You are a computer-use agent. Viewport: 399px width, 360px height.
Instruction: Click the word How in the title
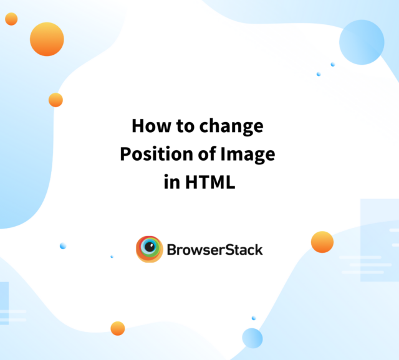tap(148, 127)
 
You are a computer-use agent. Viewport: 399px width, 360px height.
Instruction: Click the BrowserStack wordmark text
tap(214, 250)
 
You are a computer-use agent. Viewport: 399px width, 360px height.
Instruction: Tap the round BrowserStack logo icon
tap(150, 249)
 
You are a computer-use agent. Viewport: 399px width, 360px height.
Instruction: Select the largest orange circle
tap(47, 39)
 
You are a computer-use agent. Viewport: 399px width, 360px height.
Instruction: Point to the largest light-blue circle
tap(362, 42)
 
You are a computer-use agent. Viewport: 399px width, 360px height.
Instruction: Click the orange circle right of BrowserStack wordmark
tap(322, 242)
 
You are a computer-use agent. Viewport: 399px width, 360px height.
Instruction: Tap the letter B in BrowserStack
tap(171, 250)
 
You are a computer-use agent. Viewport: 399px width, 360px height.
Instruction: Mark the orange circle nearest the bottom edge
tap(117, 328)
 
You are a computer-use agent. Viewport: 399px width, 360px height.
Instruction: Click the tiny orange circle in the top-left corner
tap(11, 19)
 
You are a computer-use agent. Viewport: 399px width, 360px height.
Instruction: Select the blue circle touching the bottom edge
tap(252, 338)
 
